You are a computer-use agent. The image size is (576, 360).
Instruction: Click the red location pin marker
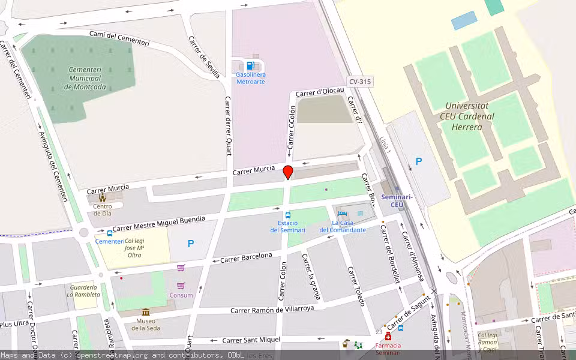tap(288, 172)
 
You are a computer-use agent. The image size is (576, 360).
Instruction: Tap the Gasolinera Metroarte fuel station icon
tap(250, 65)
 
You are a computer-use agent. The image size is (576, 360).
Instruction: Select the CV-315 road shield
tap(361, 81)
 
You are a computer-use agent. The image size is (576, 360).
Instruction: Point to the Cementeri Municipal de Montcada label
tap(85, 78)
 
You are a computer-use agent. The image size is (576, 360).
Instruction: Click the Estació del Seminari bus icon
tap(288, 215)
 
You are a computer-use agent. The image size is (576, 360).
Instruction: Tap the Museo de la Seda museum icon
tap(146, 312)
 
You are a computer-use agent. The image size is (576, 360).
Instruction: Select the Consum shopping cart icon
tap(181, 285)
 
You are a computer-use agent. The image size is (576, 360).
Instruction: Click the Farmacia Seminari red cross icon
tap(388, 336)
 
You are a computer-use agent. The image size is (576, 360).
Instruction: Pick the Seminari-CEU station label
tap(397, 200)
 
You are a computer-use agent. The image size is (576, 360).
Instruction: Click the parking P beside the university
tap(419, 161)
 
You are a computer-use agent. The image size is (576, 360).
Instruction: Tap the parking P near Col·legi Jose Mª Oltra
tap(191, 244)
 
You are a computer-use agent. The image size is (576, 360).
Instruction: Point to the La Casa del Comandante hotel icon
tap(342, 214)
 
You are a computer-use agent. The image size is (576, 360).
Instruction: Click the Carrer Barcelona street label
tap(246, 258)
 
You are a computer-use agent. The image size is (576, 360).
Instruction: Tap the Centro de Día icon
tap(103, 197)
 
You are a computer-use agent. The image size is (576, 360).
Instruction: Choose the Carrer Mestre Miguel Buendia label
tap(158, 224)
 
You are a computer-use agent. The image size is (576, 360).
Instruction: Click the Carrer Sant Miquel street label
tap(251, 340)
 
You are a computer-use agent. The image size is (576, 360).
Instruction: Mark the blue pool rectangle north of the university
tap(464, 20)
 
